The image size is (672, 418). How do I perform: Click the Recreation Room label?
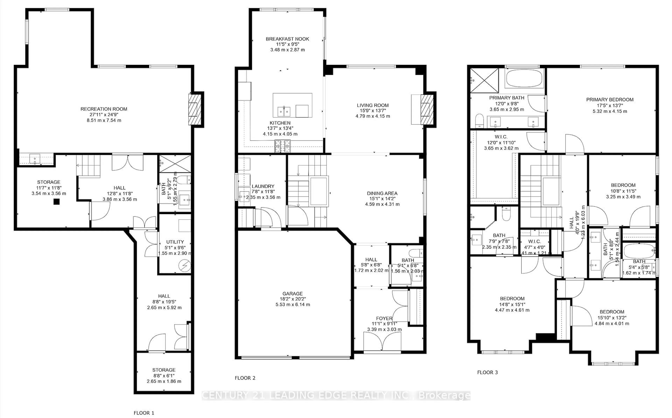(104, 109)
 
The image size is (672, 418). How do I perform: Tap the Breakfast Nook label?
(287, 39)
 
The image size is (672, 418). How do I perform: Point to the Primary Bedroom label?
(610, 100)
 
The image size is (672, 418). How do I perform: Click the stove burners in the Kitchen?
(282, 146)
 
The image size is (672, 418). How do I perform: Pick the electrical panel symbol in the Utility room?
(185, 266)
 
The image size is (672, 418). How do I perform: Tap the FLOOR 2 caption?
(245, 378)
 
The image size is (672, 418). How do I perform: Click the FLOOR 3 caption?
(487, 372)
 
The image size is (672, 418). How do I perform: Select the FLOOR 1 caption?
(144, 413)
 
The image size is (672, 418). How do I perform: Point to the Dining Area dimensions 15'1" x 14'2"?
(382, 199)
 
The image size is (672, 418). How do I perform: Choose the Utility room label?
(175, 242)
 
